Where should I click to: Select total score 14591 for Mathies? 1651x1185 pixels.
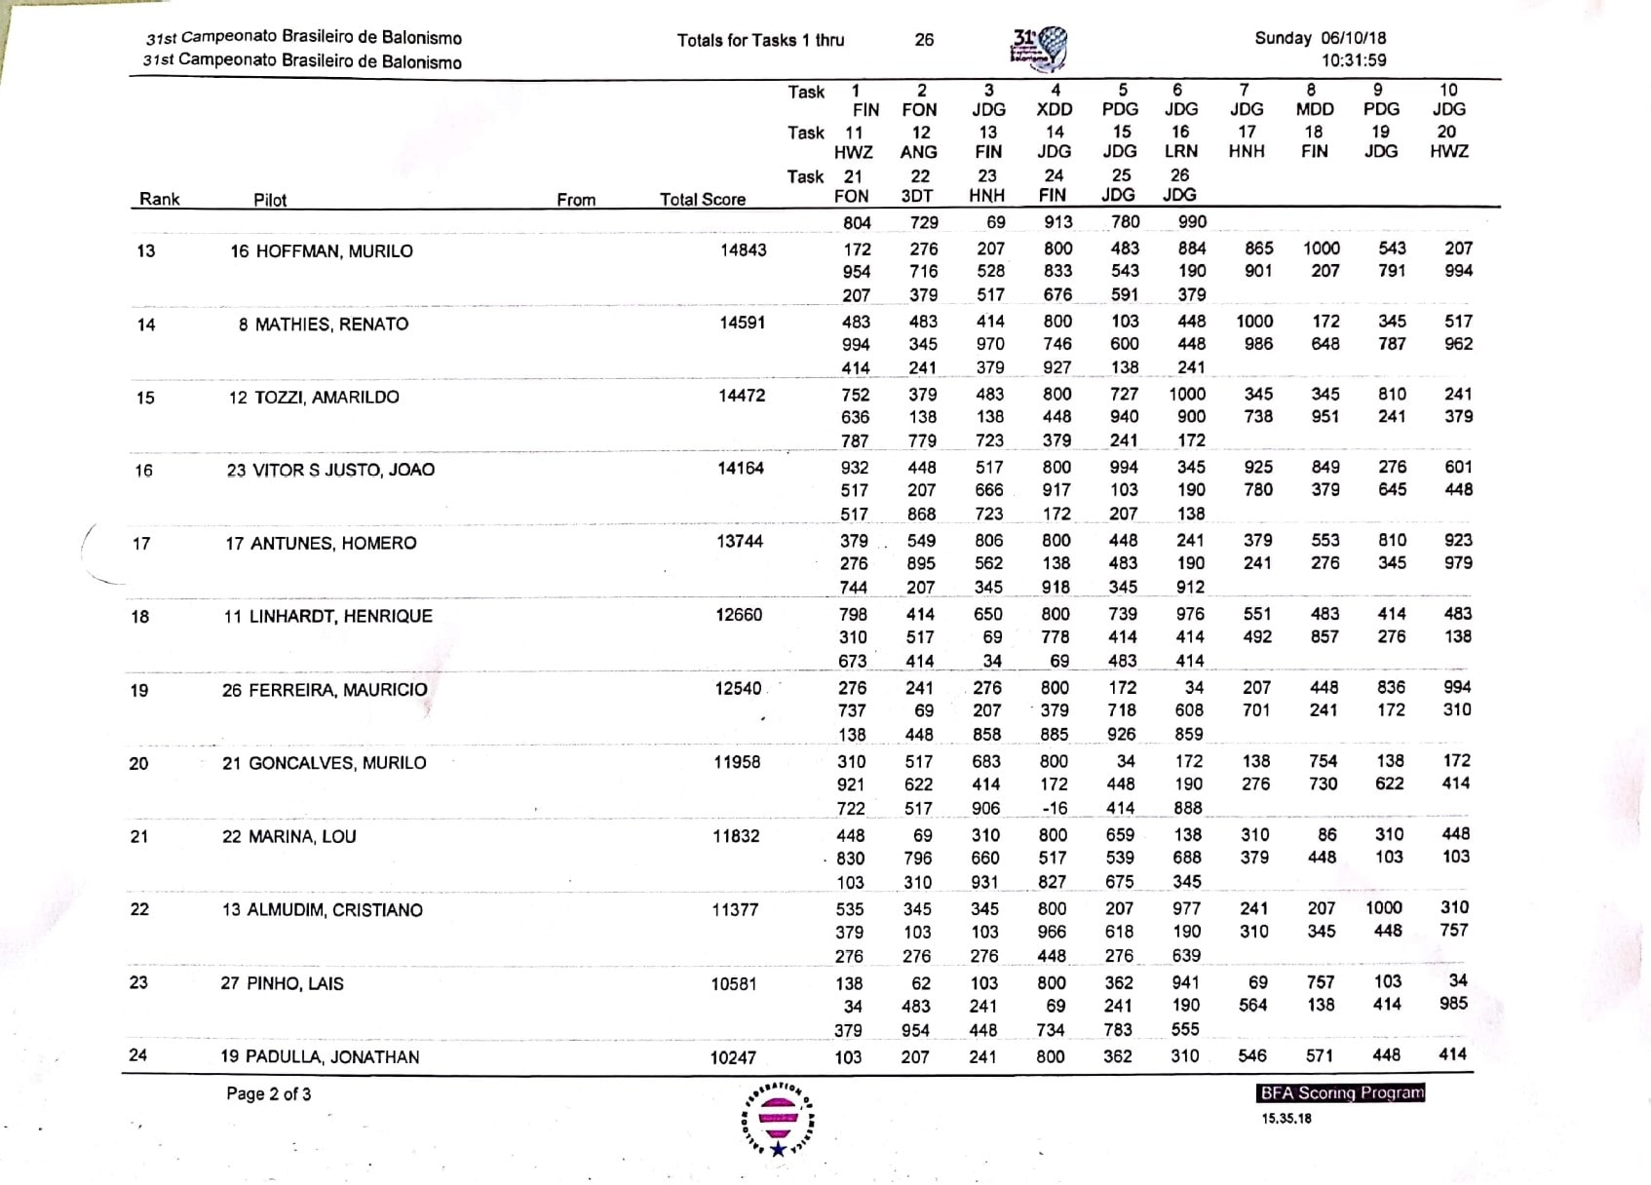coord(742,323)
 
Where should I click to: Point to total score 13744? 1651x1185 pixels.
coord(740,541)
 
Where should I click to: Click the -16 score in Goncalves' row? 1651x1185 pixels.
coord(1054,808)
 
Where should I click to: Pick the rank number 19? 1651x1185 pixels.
coord(139,690)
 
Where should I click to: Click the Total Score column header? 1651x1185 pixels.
coord(702,200)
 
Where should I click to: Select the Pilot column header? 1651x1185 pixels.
coord(270,200)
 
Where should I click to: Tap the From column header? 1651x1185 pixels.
coord(576,200)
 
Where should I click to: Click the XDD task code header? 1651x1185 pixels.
coord(1054,110)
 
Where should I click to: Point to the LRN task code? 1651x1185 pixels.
coord(1180,151)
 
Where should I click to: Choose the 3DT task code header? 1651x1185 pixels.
coord(917,196)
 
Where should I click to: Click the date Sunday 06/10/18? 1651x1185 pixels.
coord(1320,38)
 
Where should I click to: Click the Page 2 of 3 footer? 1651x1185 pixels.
coord(268,1093)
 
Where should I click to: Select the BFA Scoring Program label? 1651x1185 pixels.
coord(1341,1092)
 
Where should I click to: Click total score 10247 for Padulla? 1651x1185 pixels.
coord(733,1057)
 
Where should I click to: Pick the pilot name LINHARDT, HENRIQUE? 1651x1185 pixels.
coord(340,616)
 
